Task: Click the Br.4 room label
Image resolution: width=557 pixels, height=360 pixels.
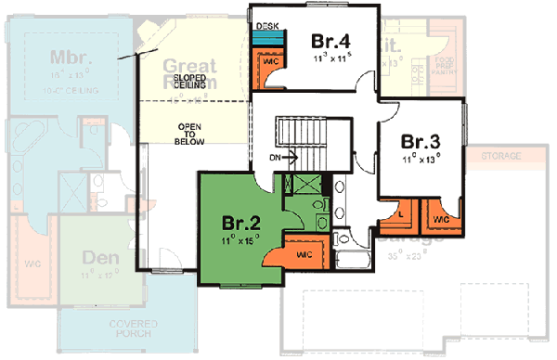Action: click(330, 41)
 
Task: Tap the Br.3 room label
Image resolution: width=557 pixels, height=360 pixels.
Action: click(420, 142)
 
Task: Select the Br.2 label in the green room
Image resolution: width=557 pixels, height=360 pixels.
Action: click(240, 223)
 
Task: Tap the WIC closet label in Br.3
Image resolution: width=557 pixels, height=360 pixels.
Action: click(441, 219)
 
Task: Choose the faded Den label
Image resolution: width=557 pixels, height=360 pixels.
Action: click(100, 257)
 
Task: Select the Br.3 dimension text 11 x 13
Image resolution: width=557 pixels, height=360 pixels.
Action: click(421, 160)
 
